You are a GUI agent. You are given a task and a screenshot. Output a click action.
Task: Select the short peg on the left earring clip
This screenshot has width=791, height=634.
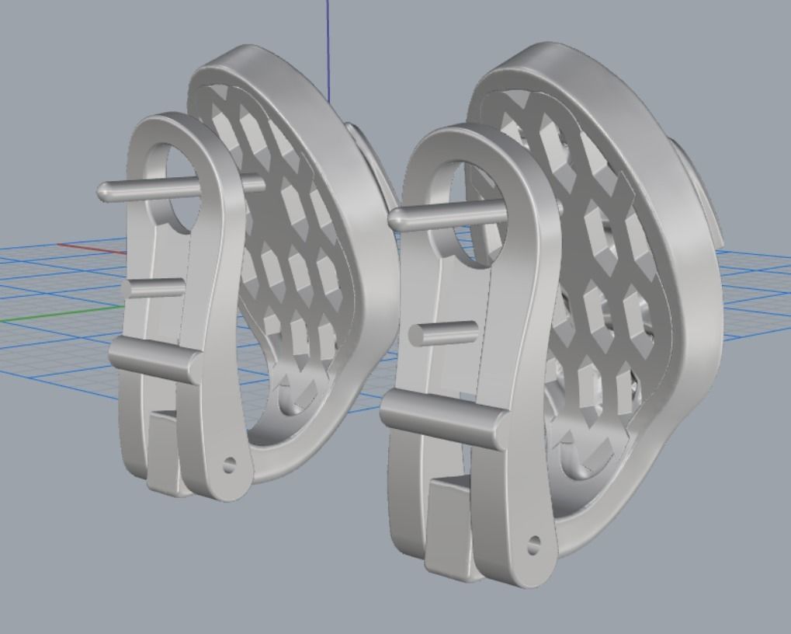pyautogui.click(x=152, y=288)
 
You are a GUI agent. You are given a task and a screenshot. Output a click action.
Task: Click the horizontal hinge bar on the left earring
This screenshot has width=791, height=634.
pyautogui.click(x=155, y=360)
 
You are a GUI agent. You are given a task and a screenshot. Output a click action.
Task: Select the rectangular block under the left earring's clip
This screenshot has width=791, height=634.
pyautogui.click(x=165, y=451)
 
